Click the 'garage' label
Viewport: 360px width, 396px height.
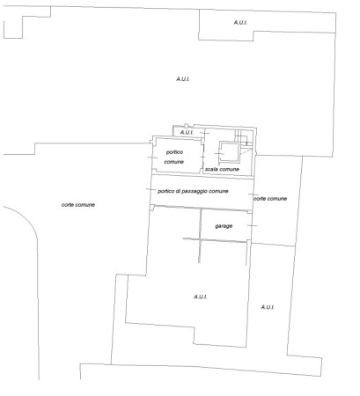coord(224,226)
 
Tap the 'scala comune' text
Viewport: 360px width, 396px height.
coord(222,169)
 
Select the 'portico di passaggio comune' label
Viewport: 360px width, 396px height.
coord(193,191)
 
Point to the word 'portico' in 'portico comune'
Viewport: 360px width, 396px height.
coord(174,152)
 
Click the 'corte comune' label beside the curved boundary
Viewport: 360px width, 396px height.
coord(78,205)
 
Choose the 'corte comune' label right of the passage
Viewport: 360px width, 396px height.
coord(270,199)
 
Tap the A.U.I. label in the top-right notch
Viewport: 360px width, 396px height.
coord(240,23)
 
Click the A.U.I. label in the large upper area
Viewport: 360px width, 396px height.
coord(183,79)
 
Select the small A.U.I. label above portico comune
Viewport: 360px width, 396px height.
coord(187,133)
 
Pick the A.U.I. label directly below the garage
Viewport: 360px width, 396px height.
coord(201,297)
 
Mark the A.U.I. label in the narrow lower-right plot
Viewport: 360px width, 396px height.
coord(268,307)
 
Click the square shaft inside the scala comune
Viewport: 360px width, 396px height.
coord(230,152)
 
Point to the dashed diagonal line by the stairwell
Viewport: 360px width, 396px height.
coord(246,152)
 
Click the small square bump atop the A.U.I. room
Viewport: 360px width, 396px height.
coord(186,125)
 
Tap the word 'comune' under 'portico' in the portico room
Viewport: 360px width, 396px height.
coord(173,162)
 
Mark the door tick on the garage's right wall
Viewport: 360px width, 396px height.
coord(252,225)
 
